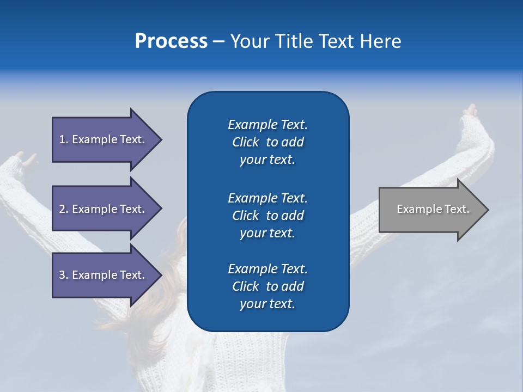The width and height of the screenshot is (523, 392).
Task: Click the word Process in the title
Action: point(171,41)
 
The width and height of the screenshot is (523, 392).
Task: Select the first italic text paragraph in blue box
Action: point(267,142)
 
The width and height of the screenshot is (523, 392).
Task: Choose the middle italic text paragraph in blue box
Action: point(267,215)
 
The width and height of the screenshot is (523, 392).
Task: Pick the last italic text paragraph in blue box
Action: point(267,286)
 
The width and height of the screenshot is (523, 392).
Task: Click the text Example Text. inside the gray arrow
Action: point(433,209)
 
